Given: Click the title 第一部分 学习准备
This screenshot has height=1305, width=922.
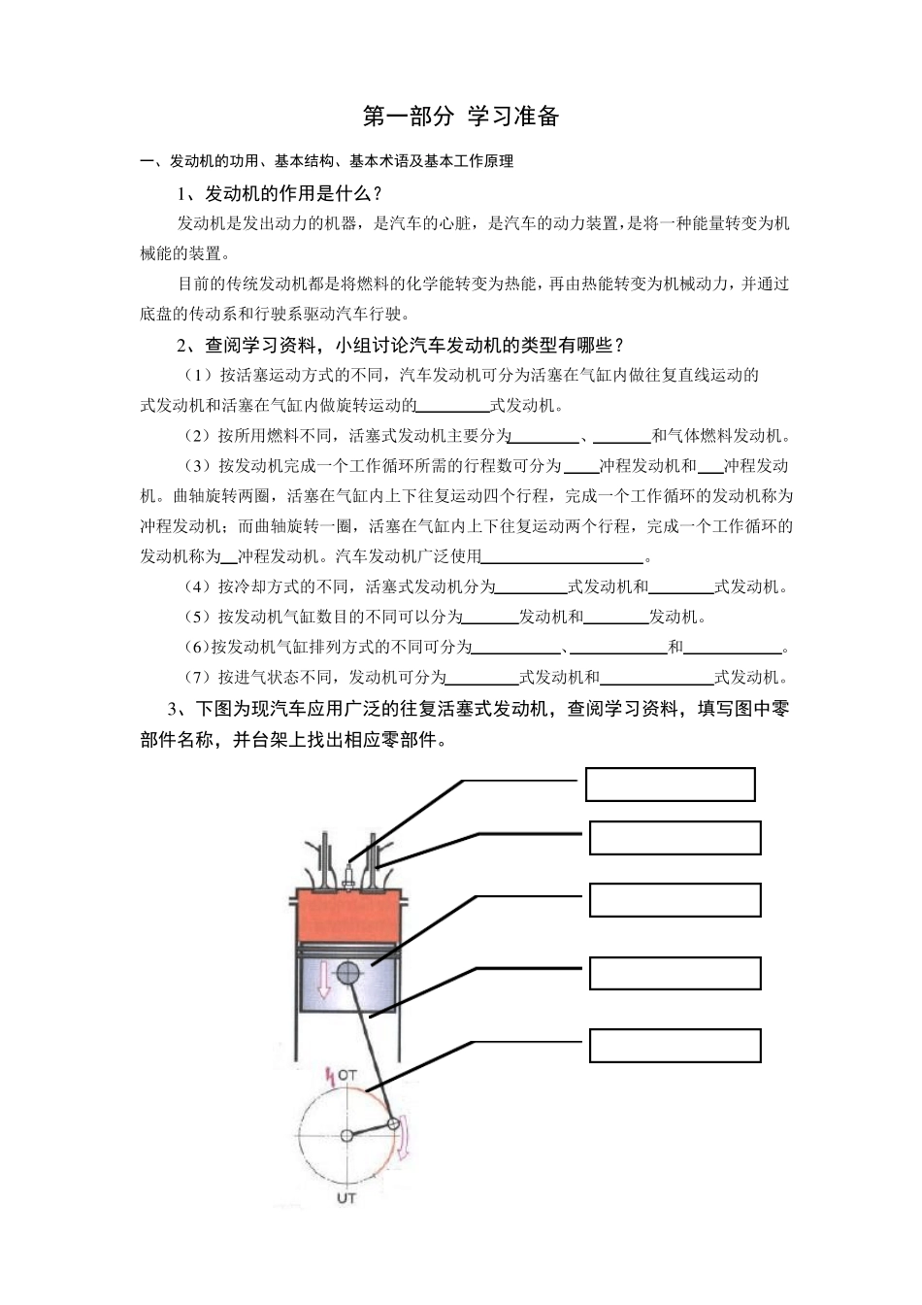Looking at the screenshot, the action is click(x=461, y=117).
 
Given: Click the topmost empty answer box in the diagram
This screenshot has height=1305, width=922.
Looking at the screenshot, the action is click(x=670, y=785).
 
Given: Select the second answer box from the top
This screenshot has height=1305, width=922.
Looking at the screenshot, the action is click(x=675, y=838).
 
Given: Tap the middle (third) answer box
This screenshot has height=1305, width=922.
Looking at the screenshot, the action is click(x=675, y=900).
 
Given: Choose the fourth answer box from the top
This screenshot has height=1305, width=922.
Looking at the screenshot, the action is click(x=675, y=973).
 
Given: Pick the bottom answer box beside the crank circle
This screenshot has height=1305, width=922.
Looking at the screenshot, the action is click(x=675, y=1046).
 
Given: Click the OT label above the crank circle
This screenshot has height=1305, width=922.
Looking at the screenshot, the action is click(x=346, y=1076).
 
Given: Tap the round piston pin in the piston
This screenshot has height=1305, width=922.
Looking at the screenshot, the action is click(x=348, y=972).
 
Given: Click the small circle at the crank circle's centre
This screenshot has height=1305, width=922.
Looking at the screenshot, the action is click(x=346, y=1135).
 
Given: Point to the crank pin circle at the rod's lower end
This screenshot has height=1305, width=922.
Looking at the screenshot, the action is click(x=393, y=1124).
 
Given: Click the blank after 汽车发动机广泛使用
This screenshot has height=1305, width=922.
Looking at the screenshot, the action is click(x=563, y=557).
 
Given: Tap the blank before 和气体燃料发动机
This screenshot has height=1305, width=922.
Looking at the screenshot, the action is click(x=620, y=436).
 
